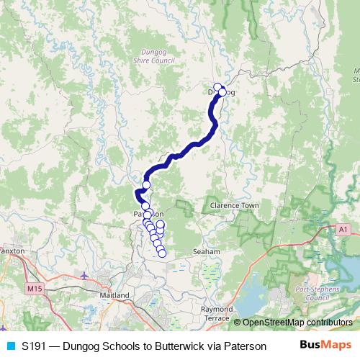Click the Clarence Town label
pyautogui.click(x=234, y=205)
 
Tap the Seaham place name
pyautogui.click(x=206, y=252)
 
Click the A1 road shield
pyautogui.click(x=344, y=228)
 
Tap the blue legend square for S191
pyautogui.click(x=12, y=346)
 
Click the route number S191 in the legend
pyautogui.click(x=35, y=346)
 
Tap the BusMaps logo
pyautogui.click(x=320, y=345)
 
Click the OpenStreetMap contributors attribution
pyautogui.click(x=297, y=322)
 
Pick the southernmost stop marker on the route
pyautogui.click(x=162, y=253)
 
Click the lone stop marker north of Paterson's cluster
pyautogui.click(x=146, y=185)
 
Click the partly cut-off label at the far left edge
pyautogui.click(x=12, y=251)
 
